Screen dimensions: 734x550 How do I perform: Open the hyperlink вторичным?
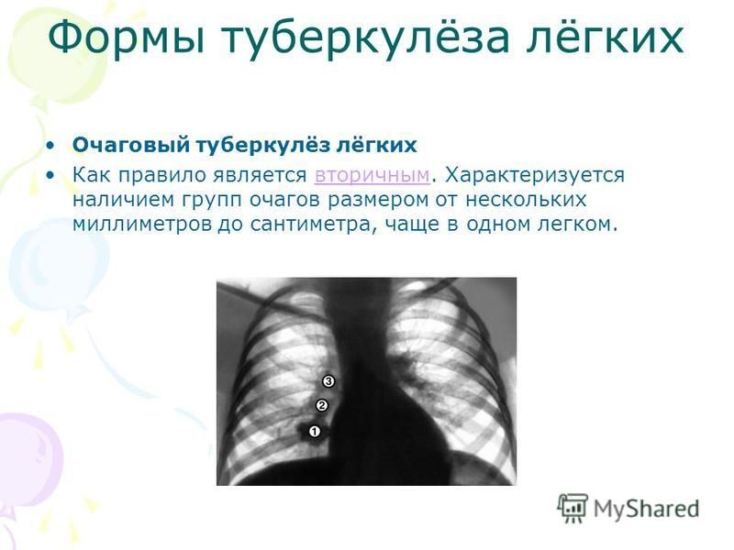373,175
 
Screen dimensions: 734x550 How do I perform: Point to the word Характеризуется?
535,175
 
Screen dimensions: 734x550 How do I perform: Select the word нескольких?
526,200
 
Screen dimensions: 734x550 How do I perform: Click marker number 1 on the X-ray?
314,431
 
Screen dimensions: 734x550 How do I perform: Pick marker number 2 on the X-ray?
322,405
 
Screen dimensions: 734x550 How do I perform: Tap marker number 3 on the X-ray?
328,381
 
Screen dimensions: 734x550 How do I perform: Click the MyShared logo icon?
572,508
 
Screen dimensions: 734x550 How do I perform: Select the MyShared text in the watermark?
647,509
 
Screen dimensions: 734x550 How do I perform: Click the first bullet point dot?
50,146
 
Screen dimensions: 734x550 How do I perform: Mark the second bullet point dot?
50,176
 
